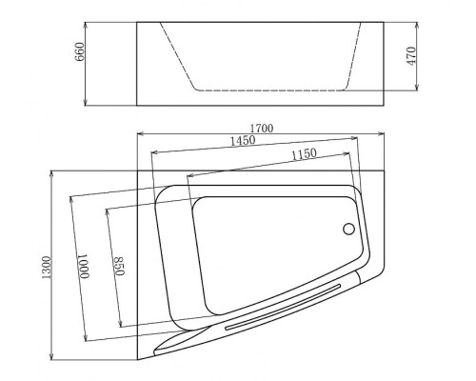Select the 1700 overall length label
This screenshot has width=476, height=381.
262,128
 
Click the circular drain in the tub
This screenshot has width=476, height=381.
348,229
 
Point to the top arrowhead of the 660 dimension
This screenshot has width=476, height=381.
89,23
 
